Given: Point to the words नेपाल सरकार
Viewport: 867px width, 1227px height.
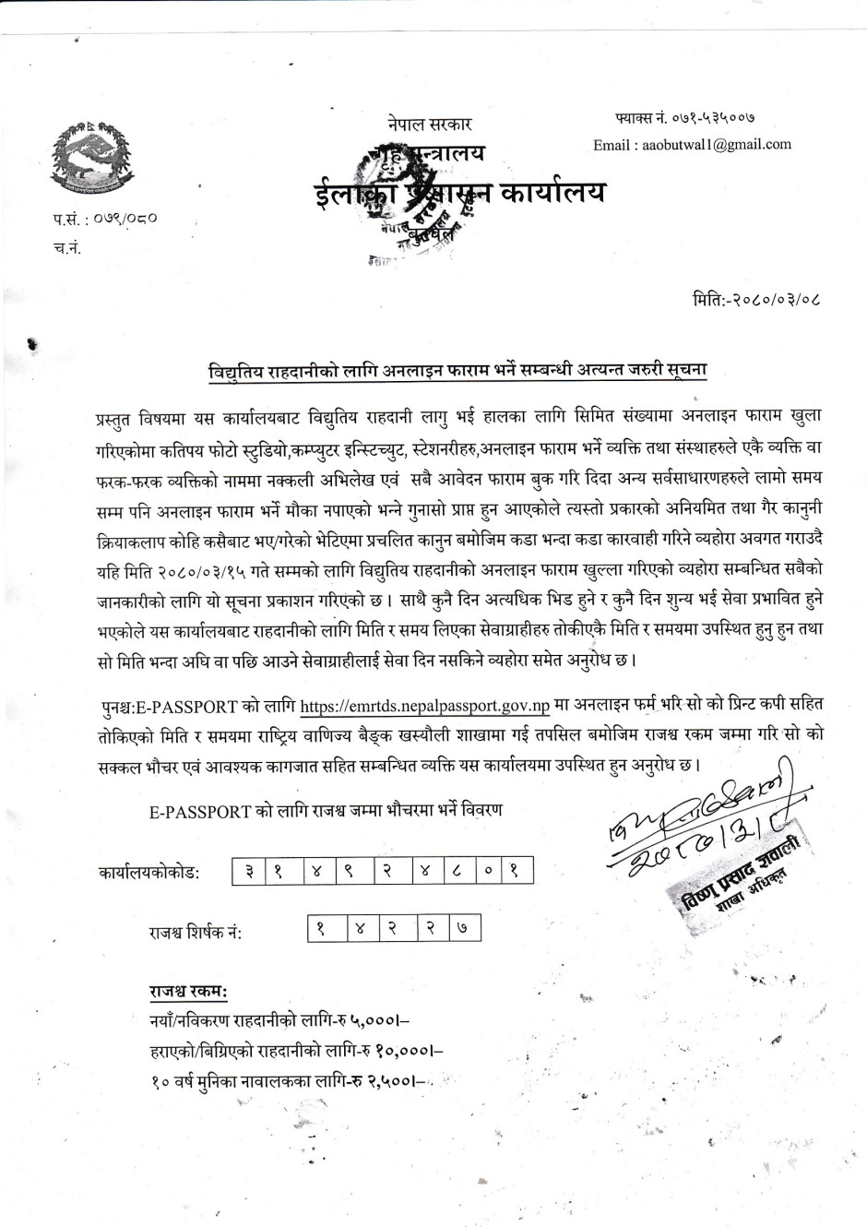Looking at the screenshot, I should coord(430,124).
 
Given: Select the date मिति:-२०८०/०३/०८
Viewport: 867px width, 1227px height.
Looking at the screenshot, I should coord(748,300).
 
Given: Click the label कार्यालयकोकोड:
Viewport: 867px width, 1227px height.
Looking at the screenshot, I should coord(148,872).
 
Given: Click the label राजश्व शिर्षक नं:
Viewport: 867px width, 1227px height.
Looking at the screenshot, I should coord(196,932).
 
